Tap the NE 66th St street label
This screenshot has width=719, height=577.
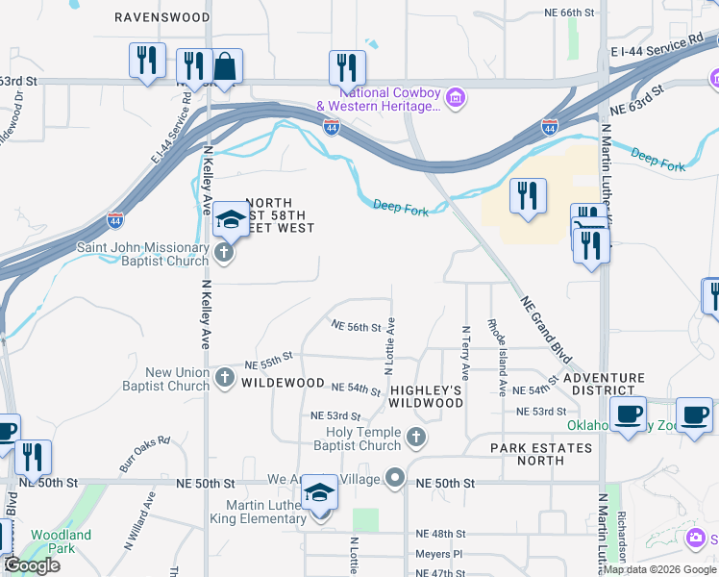[x=570, y=13]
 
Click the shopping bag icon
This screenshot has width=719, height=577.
[x=225, y=67]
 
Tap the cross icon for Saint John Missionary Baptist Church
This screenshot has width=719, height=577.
[x=224, y=254]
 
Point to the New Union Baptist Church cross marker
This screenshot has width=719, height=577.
[x=224, y=376]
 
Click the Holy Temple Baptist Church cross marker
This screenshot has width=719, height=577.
[x=415, y=439]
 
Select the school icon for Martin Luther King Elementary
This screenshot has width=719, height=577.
[x=320, y=494]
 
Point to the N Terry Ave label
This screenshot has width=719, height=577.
[x=465, y=351]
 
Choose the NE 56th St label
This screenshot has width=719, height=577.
[x=357, y=327]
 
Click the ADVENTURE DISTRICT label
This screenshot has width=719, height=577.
[x=605, y=384]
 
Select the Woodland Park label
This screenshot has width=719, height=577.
[x=61, y=540]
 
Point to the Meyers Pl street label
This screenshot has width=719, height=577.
[x=439, y=554]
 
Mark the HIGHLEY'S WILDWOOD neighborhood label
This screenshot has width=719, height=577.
[x=427, y=396]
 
